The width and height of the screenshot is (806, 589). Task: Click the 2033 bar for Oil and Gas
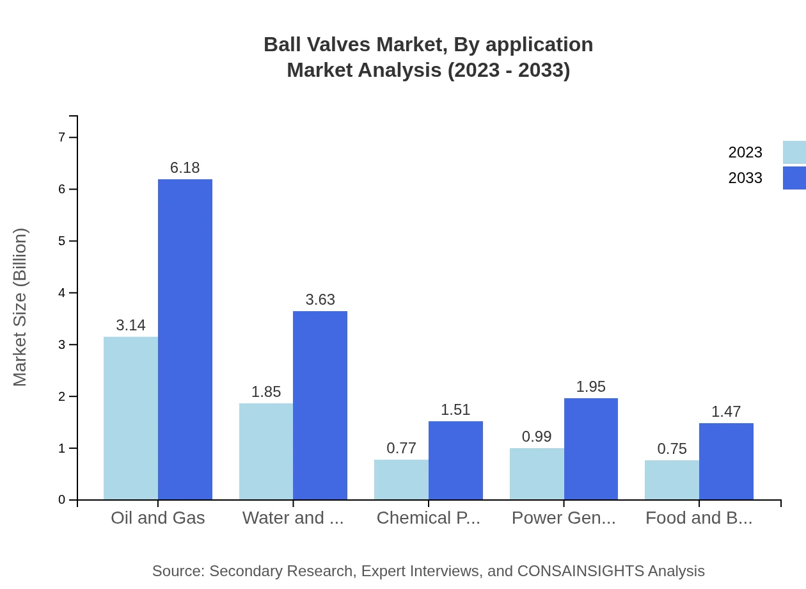185,339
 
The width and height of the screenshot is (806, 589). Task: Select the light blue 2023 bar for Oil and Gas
130,418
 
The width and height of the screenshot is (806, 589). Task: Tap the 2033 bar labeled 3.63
320,405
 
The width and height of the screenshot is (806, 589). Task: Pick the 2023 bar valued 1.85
266,451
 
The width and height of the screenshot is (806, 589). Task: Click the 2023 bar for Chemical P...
401,480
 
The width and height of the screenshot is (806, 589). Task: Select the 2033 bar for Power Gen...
591,449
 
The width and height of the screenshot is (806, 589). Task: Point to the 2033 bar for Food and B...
726,461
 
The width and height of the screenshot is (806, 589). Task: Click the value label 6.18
185,168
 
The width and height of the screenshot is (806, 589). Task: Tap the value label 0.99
537,437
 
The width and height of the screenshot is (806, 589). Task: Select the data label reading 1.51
455,410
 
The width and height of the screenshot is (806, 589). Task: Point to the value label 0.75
672,449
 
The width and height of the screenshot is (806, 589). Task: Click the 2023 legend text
745,152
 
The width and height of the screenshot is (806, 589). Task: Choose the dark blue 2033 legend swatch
794,178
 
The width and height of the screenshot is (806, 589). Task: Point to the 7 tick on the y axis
62,137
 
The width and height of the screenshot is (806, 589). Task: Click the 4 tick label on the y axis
62,293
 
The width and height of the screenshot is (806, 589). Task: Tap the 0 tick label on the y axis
62,500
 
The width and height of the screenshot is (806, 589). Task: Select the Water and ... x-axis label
293,518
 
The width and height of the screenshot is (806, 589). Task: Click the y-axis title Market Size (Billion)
20,307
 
